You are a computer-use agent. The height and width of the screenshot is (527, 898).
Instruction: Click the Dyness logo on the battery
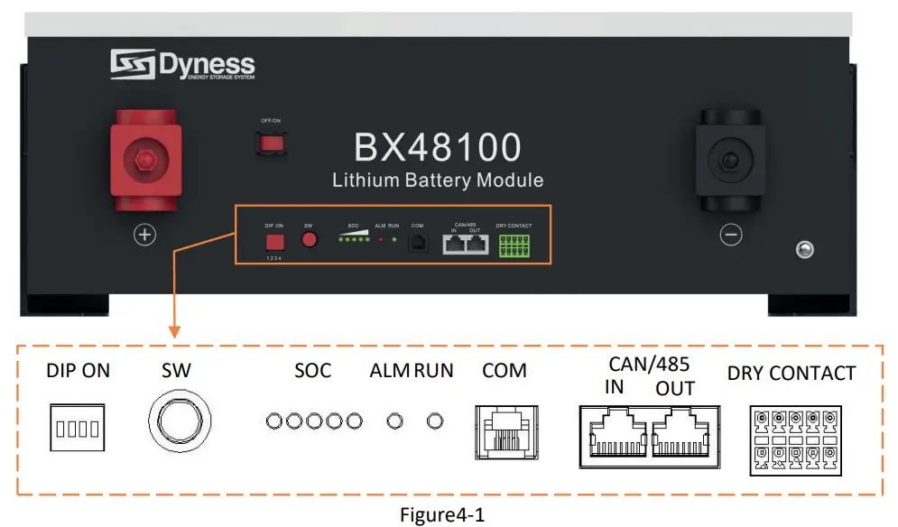click(183, 65)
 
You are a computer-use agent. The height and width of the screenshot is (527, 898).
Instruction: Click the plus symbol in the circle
click(144, 236)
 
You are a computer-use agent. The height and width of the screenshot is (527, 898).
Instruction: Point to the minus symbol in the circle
click(731, 236)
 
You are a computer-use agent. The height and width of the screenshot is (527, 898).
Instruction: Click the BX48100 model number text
click(438, 147)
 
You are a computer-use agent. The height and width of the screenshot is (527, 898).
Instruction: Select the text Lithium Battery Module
click(438, 180)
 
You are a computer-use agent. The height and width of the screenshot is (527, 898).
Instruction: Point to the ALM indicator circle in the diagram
click(393, 421)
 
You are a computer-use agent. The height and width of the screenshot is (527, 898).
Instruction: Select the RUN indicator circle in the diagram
click(436, 421)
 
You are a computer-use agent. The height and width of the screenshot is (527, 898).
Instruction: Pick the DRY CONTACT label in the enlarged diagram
click(791, 373)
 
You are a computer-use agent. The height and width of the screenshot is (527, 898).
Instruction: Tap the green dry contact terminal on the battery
click(514, 244)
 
